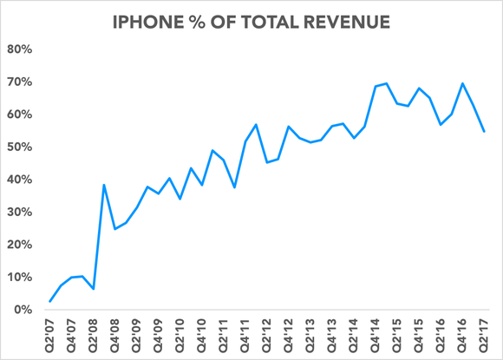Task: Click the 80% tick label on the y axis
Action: [x=19, y=49]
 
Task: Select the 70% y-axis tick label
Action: [x=19, y=82]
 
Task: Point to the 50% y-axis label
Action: [x=19, y=147]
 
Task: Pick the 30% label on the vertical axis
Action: [x=19, y=213]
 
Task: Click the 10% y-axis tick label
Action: [x=19, y=278]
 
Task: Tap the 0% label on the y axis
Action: [x=23, y=310]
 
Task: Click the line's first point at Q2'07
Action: [x=50, y=302]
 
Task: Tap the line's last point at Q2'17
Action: [x=484, y=132]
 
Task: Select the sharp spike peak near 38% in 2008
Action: [x=104, y=185]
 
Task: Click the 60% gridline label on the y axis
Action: [x=19, y=115]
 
